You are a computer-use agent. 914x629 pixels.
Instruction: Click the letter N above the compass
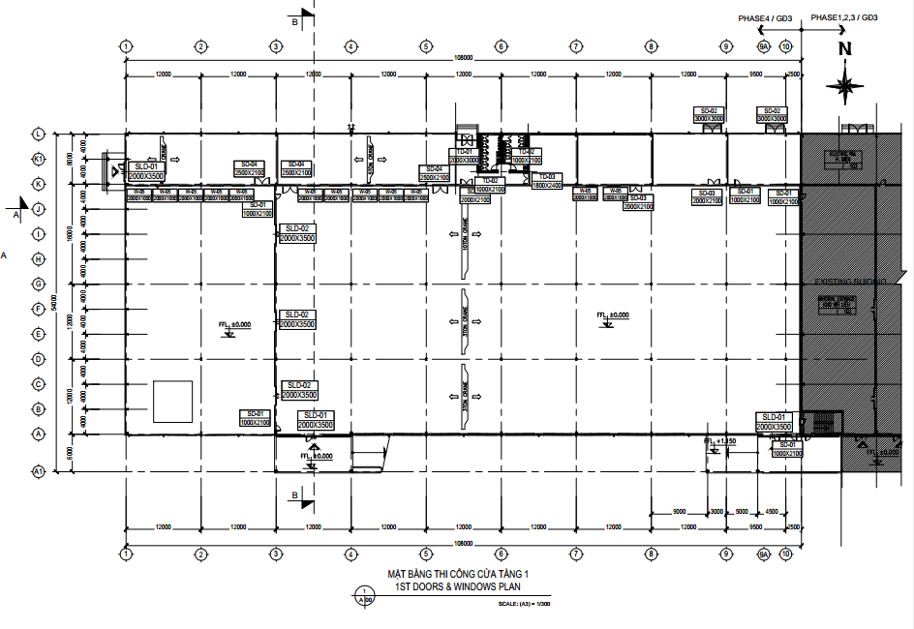(x=844, y=48)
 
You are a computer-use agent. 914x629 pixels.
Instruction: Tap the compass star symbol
(x=845, y=87)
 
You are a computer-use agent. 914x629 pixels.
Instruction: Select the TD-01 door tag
(x=464, y=152)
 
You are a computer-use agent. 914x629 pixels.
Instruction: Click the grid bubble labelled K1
(x=40, y=158)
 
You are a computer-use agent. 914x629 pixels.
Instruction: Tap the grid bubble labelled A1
(x=40, y=471)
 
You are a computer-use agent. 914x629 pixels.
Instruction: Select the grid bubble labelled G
(x=40, y=284)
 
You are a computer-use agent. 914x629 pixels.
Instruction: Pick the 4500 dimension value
(x=772, y=511)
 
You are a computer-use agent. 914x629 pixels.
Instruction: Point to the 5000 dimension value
(x=741, y=511)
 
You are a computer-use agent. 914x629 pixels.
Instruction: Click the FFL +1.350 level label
(x=720, y=441)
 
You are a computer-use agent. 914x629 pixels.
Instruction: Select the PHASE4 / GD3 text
(x=766, y=18)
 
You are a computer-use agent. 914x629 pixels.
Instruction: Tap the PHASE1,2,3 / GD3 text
(x=844, y=17)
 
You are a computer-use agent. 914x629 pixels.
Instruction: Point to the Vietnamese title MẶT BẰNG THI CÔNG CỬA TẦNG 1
(x=457, y=574)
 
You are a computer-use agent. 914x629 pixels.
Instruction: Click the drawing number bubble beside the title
(x=363, y=594)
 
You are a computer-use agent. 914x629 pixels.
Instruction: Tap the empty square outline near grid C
(x=171, y=401)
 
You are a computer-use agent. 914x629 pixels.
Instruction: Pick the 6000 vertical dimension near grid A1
(x=69, y=453)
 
